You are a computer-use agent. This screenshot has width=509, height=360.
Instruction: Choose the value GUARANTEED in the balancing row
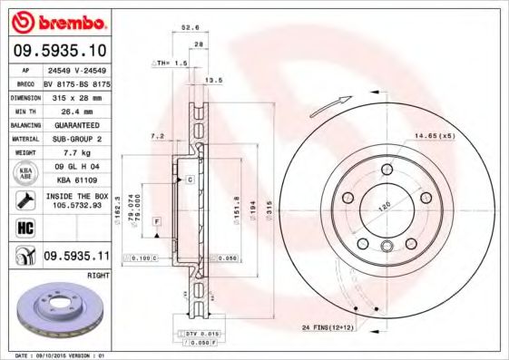click(75, 124)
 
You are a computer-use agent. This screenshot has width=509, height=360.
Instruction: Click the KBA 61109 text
click(75, 180)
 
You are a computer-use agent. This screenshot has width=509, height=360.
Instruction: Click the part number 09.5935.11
click(75, 257)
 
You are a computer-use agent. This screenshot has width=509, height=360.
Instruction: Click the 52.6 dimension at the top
click(190, 27)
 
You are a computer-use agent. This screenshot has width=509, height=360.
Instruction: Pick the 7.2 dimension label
click(157, 136)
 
